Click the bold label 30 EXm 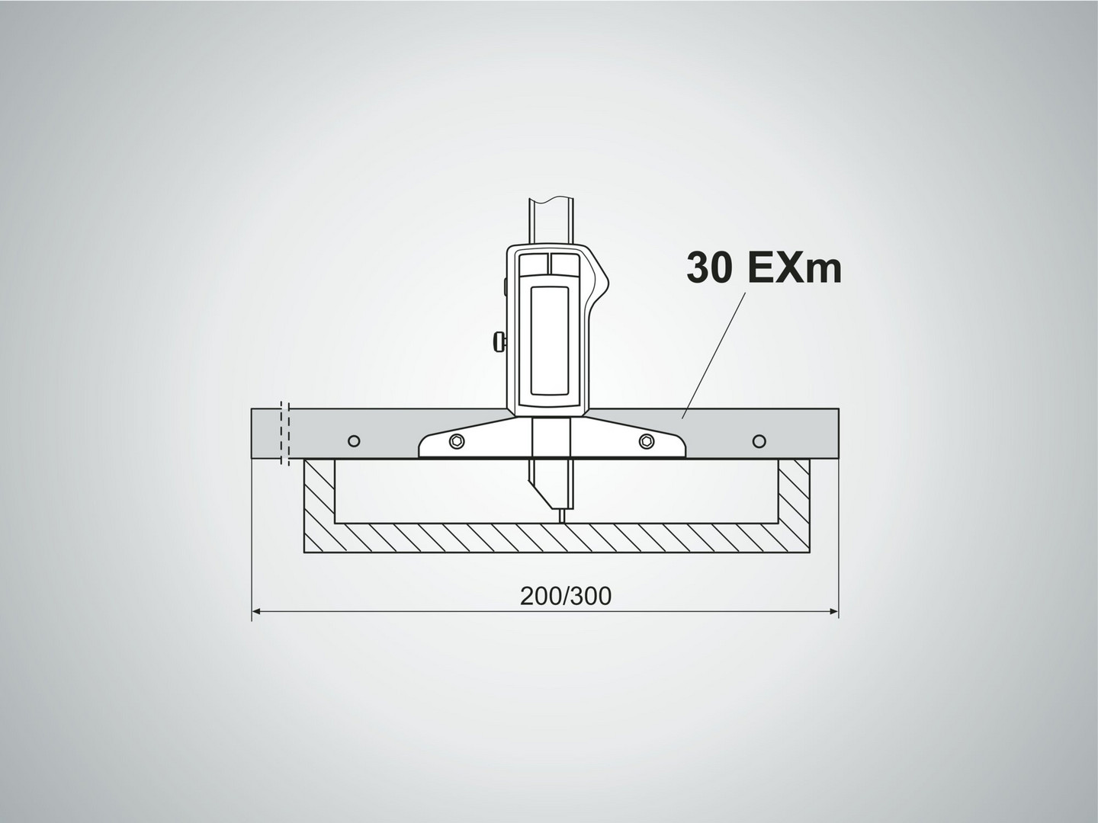[764, 267]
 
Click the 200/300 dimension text [566, 596]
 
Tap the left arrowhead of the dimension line [256, 611]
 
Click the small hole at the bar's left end [354, 441]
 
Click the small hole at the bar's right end [759, 441]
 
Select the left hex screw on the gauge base [457, 441]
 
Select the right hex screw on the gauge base [647, 441]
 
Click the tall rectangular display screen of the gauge [549, 341]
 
